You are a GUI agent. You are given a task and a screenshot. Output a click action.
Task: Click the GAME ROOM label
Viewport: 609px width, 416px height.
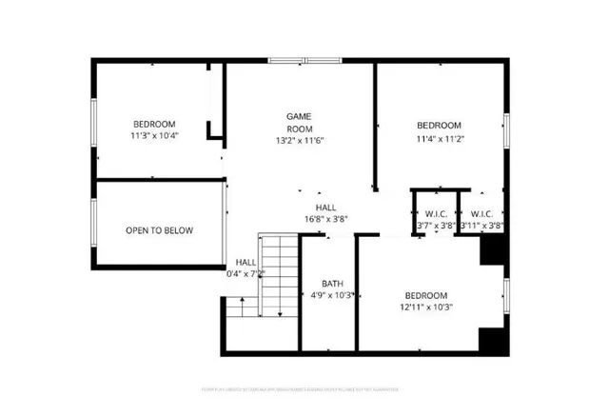tap(300, 122)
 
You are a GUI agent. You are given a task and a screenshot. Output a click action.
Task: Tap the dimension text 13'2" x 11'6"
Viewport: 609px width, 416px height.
tap(300, 141)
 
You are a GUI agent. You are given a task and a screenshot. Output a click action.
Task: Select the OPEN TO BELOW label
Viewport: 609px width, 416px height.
tap(159, 230)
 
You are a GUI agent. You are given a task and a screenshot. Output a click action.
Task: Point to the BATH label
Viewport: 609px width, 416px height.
tap(332, 283)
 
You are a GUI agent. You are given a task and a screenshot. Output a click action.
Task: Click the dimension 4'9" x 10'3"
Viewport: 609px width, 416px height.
tap(332, 295)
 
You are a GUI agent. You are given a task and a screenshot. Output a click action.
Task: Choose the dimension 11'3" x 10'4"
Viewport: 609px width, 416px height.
tap(154, 136)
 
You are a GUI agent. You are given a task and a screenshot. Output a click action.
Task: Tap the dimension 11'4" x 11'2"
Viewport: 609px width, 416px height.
tap(439, 138)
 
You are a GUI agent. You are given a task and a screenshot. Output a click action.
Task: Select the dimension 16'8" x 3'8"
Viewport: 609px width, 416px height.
tap(326, 218)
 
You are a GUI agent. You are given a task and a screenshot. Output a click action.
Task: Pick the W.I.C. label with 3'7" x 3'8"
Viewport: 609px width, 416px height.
tap(437, 213)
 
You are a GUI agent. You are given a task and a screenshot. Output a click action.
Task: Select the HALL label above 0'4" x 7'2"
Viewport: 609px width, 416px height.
tap(246, 262)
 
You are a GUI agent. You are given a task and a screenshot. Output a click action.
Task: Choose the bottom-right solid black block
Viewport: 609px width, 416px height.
tap(491, 340)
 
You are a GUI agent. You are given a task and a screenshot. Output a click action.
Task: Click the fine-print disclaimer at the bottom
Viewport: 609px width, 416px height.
tap(304, 389)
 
